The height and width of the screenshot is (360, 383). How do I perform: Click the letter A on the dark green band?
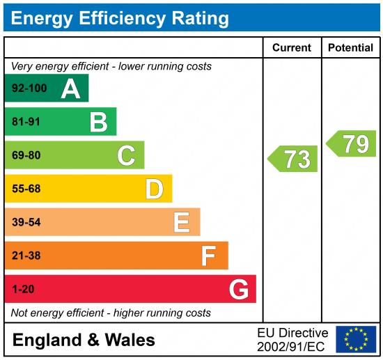[x=70, y=88]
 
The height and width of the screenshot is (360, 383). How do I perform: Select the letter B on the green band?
[x=98, y=123]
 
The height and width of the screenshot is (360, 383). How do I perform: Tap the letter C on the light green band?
[x=126, y=155]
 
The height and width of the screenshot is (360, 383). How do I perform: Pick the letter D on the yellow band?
[x=154, y=189]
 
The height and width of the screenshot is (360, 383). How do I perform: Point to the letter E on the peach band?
[x=182, y=222]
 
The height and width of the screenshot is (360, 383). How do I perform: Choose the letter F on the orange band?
[x=209, y=256]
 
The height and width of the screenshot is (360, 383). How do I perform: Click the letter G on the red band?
[x=238, y=289]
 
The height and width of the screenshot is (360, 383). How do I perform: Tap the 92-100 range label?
[x=29, y=88]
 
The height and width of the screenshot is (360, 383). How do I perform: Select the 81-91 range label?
[x=26, y=122]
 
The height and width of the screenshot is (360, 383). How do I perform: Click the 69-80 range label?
[x=26, y=155]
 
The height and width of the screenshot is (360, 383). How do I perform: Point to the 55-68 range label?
[x=26, y=189]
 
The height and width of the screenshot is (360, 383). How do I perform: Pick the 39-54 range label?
[x=26, y=222]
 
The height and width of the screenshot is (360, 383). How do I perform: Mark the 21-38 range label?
[x=26, y=256]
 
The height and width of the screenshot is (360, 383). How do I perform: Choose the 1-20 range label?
[x=23, y=289]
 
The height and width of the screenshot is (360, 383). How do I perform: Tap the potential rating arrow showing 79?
[x=352, y=143]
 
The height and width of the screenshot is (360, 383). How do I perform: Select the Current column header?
[x=292, y=48]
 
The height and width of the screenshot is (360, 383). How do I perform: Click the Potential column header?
[x=350, y=48]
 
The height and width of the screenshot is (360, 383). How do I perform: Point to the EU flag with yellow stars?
[x=356, y=339]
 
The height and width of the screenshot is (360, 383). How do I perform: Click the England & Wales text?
[x=84, y=340]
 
